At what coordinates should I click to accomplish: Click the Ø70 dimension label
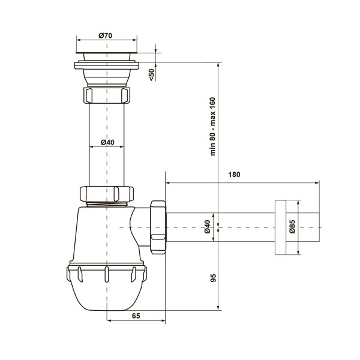106,35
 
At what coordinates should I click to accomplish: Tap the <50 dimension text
152,75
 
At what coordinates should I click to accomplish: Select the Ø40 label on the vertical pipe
107,142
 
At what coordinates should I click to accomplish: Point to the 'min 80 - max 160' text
213,127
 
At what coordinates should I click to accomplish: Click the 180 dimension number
234,175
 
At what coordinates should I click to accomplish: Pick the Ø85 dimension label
292,227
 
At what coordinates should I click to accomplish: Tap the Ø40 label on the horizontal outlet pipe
208,227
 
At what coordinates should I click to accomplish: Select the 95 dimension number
213,278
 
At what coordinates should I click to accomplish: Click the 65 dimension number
136,316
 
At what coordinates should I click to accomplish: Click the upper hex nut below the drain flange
107,95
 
